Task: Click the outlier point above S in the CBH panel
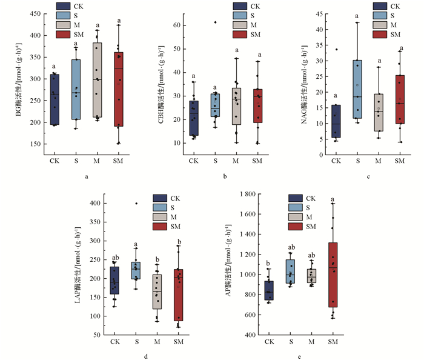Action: (x=215, y=22)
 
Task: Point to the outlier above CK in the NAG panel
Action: (x=336, y=50)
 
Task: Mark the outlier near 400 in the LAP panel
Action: (x=136, y=204)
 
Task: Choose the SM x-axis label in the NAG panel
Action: (x=400, y=161)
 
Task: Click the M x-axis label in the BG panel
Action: (x=98, y=161)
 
